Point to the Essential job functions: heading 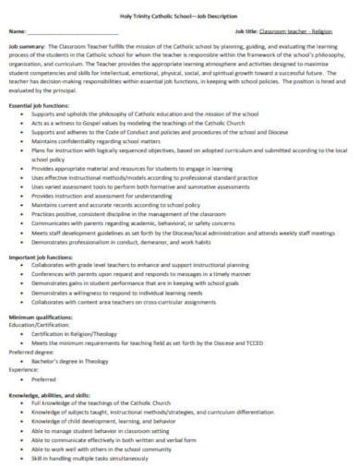click(41, 107)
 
